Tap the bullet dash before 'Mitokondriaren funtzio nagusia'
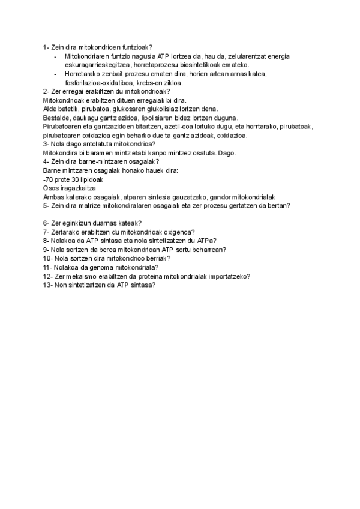click(55, 56)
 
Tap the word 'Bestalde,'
click(57, 118)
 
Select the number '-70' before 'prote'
click(49, 179)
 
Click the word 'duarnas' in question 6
click(95, 223)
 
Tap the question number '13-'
click(48, 285)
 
